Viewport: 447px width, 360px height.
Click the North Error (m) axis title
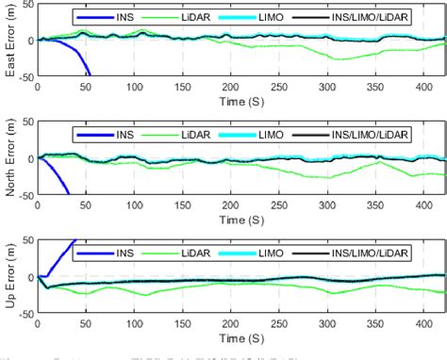pyautogui.click(x=8, y=158)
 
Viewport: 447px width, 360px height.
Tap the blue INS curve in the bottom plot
pyautogui.click(x=62, y=254)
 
